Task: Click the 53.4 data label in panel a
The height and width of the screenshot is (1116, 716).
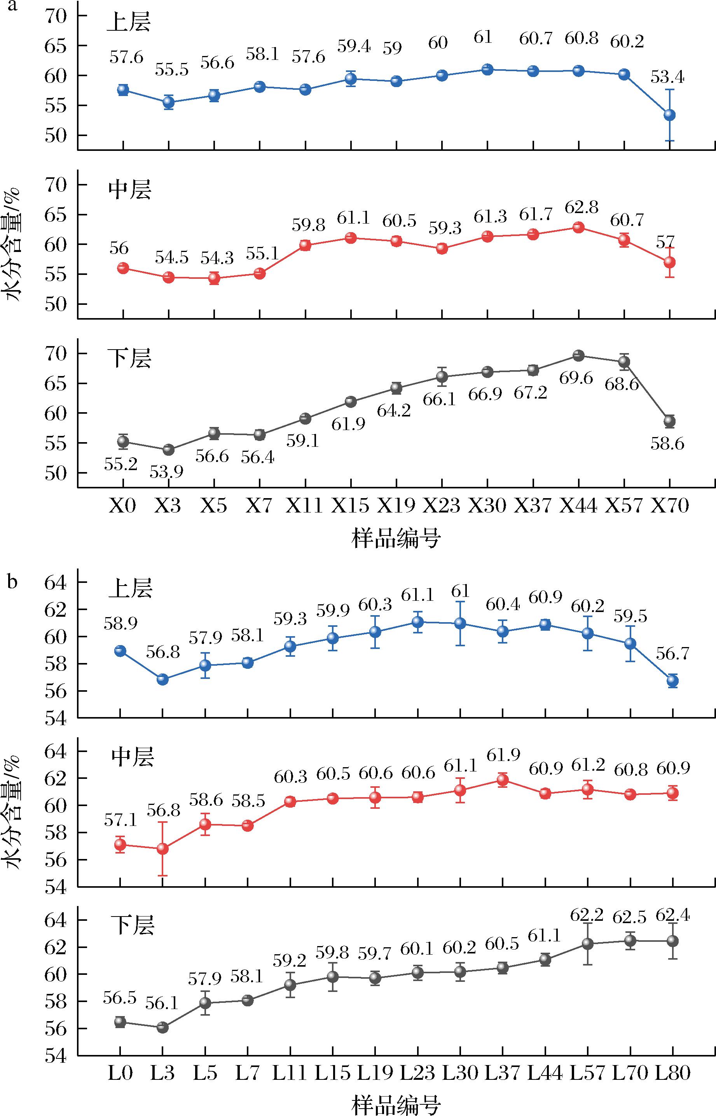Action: pyautogui.click(x=667, y=77)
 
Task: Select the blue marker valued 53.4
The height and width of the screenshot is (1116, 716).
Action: pyautogui.click(x=669, y=115)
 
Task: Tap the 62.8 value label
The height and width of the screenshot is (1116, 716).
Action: pyautogui.click(x=581, y=207)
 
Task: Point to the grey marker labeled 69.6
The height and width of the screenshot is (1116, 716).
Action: pyautogui.click(x=578, y=356)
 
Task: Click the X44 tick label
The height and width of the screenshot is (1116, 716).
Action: pyautogui.click(x=578, y=505)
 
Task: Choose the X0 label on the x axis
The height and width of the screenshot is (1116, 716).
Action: pyautogui.click(x=122, y=505)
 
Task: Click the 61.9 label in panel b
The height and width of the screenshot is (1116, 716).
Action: pyautogui.click(x=503, y=755)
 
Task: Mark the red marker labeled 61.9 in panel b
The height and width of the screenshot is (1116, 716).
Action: pyautogui.click(x=503, y=780)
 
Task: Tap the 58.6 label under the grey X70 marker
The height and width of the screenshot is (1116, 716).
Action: pyautogui.click(x=667, y=444)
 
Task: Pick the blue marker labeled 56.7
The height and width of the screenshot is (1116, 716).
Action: pyautogui.click(x=673, y=681)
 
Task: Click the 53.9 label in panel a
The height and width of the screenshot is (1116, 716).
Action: pyautogui.click(x=166, y=472)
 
